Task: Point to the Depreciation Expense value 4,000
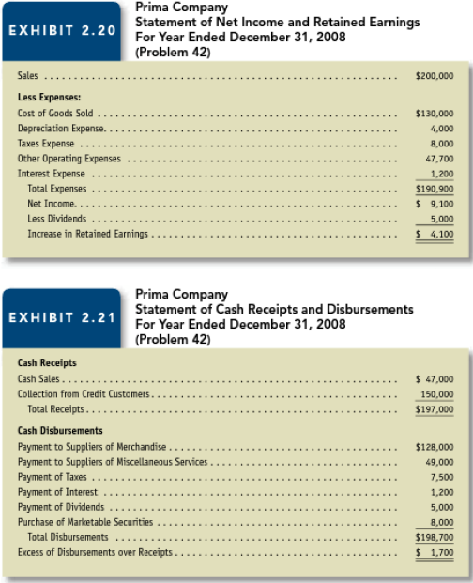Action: [x=441, y=128]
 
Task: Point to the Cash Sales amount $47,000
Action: [x=435, y=378]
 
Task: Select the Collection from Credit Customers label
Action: [x=85, y=393]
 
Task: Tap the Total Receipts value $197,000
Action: [x=434, y=409]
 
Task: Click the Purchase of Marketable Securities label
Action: [x=85, y=521]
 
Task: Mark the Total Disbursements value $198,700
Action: [x=434, y=537]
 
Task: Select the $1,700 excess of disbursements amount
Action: [x=435, y=552]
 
